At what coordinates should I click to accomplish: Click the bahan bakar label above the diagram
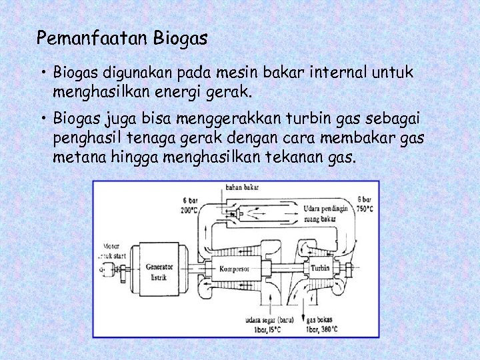(x=242, y=187)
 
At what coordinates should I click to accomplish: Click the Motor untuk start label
(x=110, y=251)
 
